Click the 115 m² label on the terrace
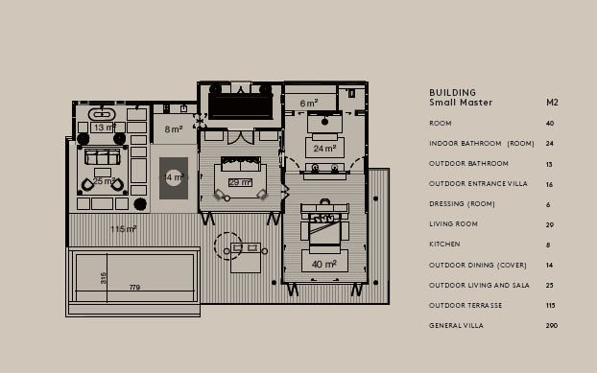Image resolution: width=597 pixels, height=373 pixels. pyautogui.click(x=123, y=229)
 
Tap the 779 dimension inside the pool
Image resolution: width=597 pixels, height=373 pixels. pyautogui.click(x=134, y=288)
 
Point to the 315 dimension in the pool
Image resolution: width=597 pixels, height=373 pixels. pyautogui.click(x=104, y=277)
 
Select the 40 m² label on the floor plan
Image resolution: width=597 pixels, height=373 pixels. pyautogui.click(x=323, y=264)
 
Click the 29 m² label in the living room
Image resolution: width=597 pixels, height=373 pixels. pyautogui.click(x=239, y=182)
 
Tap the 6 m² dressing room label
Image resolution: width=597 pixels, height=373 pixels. pyautogui.click(x=308, y=104)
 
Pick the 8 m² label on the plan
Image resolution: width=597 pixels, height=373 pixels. pyautogui.click(x=173, y=128)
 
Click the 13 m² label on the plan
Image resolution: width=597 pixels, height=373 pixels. pyautogui.click(x=104, y=127)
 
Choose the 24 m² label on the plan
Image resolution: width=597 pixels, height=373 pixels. pyautogui.click(x=323, y=149)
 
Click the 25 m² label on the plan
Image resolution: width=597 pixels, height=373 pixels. pyautogui.click(x=104, y=181)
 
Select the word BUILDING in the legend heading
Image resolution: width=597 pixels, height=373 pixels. pyautogui.click(x=452, y=93)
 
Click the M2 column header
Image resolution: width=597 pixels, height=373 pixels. pyautogui.click(x=552, y=103)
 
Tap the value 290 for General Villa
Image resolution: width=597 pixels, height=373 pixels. pyautogui.click(x=551, y=326)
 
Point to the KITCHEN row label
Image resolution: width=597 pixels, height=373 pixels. pyautogui.click(x=444, y=245)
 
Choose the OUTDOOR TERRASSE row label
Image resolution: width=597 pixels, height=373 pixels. pyautogui.click(x=466, y=306)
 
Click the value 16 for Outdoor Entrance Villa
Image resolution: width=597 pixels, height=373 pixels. pyautogui.click(x=550, y=184)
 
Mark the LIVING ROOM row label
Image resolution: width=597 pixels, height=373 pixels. pyautogui.click(x=453, y=224)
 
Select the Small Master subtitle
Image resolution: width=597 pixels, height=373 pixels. pyautogui.click(x=461, y=103)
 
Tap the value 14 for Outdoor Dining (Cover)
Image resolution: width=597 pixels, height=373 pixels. pyautogui.click(x=550, y=265)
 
